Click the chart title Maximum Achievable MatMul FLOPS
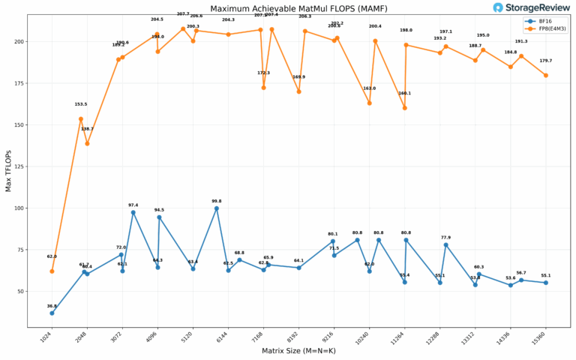(x=288, y=8)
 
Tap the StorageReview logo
(x=529, y=7)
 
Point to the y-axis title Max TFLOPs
(x=8, y=170)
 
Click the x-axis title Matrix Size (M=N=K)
(x=298, y=350)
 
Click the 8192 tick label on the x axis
(x=293, y=336)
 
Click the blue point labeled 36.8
(x=52, y=313)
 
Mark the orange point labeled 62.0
(x=52, y=271)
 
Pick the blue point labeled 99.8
(x=217, y=208)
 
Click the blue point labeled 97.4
(x=133, y=212)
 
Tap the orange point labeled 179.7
(x=545, y=75)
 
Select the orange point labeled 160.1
(x=404, y=108)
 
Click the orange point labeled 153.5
(x=81, y=118)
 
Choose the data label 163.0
(x=369, y=88)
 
